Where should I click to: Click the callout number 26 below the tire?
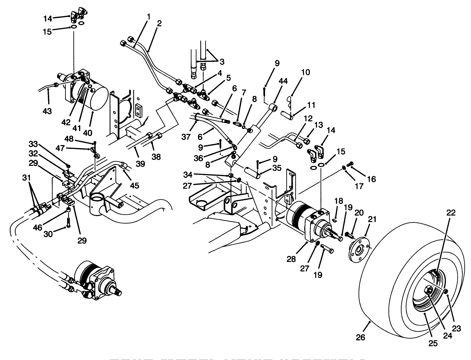tap(360, 337)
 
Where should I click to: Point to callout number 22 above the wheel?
tap(451, 212)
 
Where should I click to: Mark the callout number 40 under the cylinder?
tap(88, 132)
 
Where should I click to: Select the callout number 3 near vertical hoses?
tap(222, 61)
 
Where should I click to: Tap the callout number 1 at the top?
tap(148, 16)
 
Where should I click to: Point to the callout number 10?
tap(306, 72)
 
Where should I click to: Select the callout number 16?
tap(371, 179)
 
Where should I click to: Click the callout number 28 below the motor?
tap(291, 259)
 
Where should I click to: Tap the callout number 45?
tap(135, 185)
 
